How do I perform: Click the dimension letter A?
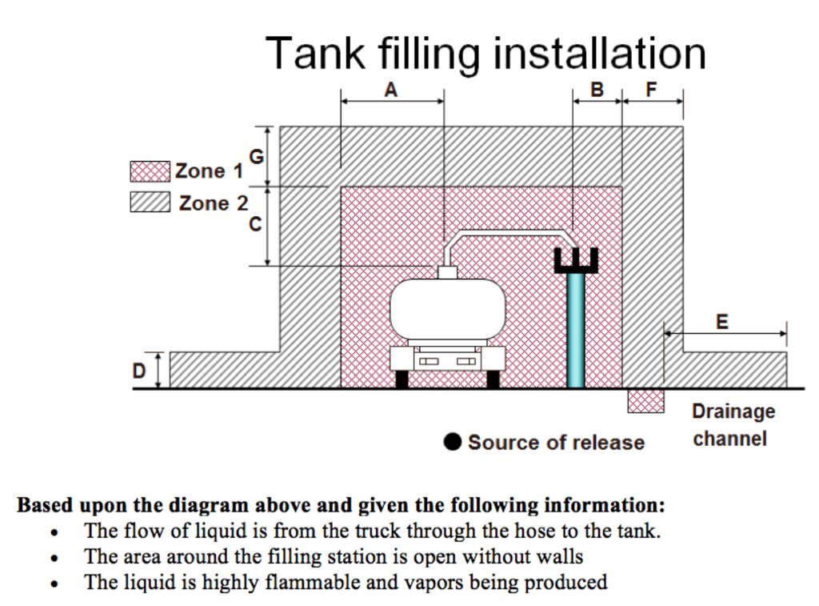coord(390,90)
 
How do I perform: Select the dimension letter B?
coord(597,90)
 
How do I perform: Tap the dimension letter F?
coord(650,90)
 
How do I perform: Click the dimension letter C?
coord(255,225)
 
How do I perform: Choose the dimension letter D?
coord(140,371)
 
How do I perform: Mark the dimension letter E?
coord(722,322)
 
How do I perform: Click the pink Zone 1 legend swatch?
coord(150,171)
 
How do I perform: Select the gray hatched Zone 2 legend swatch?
coord(150,203)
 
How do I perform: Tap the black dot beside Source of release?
coord(453,442)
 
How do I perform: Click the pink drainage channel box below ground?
coord(645,400)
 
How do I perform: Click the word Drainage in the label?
coord(733,411)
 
